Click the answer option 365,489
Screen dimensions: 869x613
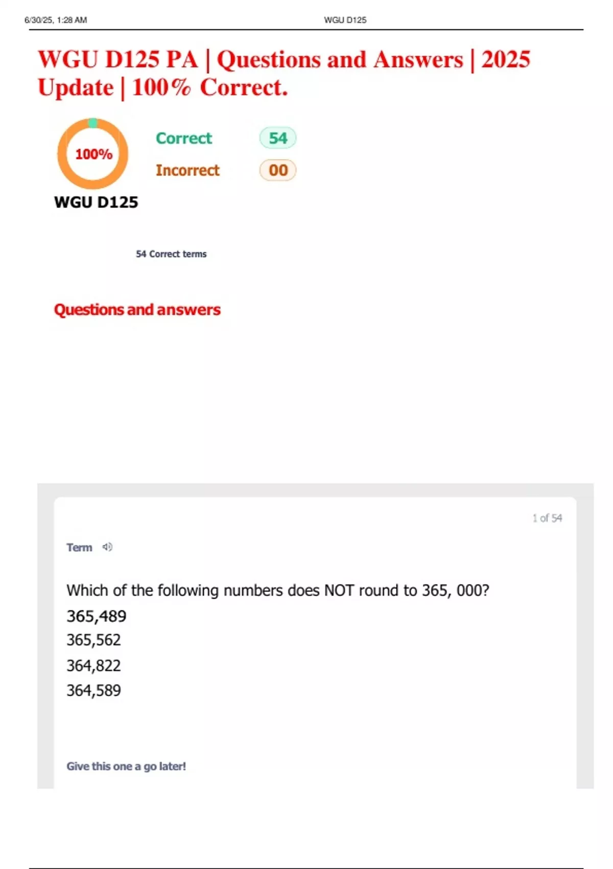[x=96, y=616]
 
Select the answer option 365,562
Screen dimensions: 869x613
[x=93, y=640]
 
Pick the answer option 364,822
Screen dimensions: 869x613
[x=93, y=666]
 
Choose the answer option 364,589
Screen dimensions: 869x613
[x=93, y=691]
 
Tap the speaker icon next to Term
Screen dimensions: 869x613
[x=107, y=547]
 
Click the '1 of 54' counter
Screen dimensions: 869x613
[x=547, y=518]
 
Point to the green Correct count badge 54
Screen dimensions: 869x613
[x=278, y=138]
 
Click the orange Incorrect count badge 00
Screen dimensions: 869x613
[x=278, y=170]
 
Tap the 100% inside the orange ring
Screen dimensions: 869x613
[x=93, y=154]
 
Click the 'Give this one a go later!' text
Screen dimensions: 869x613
[x=126, y=766]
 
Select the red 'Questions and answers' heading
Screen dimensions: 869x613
[x=137, y=310]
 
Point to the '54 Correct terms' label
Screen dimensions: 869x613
[x=171, y=254]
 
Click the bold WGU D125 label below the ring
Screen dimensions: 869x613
[x=96, y=202]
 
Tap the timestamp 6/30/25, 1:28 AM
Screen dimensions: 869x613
[x=56, y=20]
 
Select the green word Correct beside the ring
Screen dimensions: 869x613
[x=184, y=138]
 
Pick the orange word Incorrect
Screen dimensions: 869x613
[x=187, y=170]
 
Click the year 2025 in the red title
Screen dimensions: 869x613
[x=506, y=59]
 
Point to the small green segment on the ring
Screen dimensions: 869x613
[x=92, y=123]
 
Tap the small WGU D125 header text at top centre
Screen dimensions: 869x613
[x=345, y=20]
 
